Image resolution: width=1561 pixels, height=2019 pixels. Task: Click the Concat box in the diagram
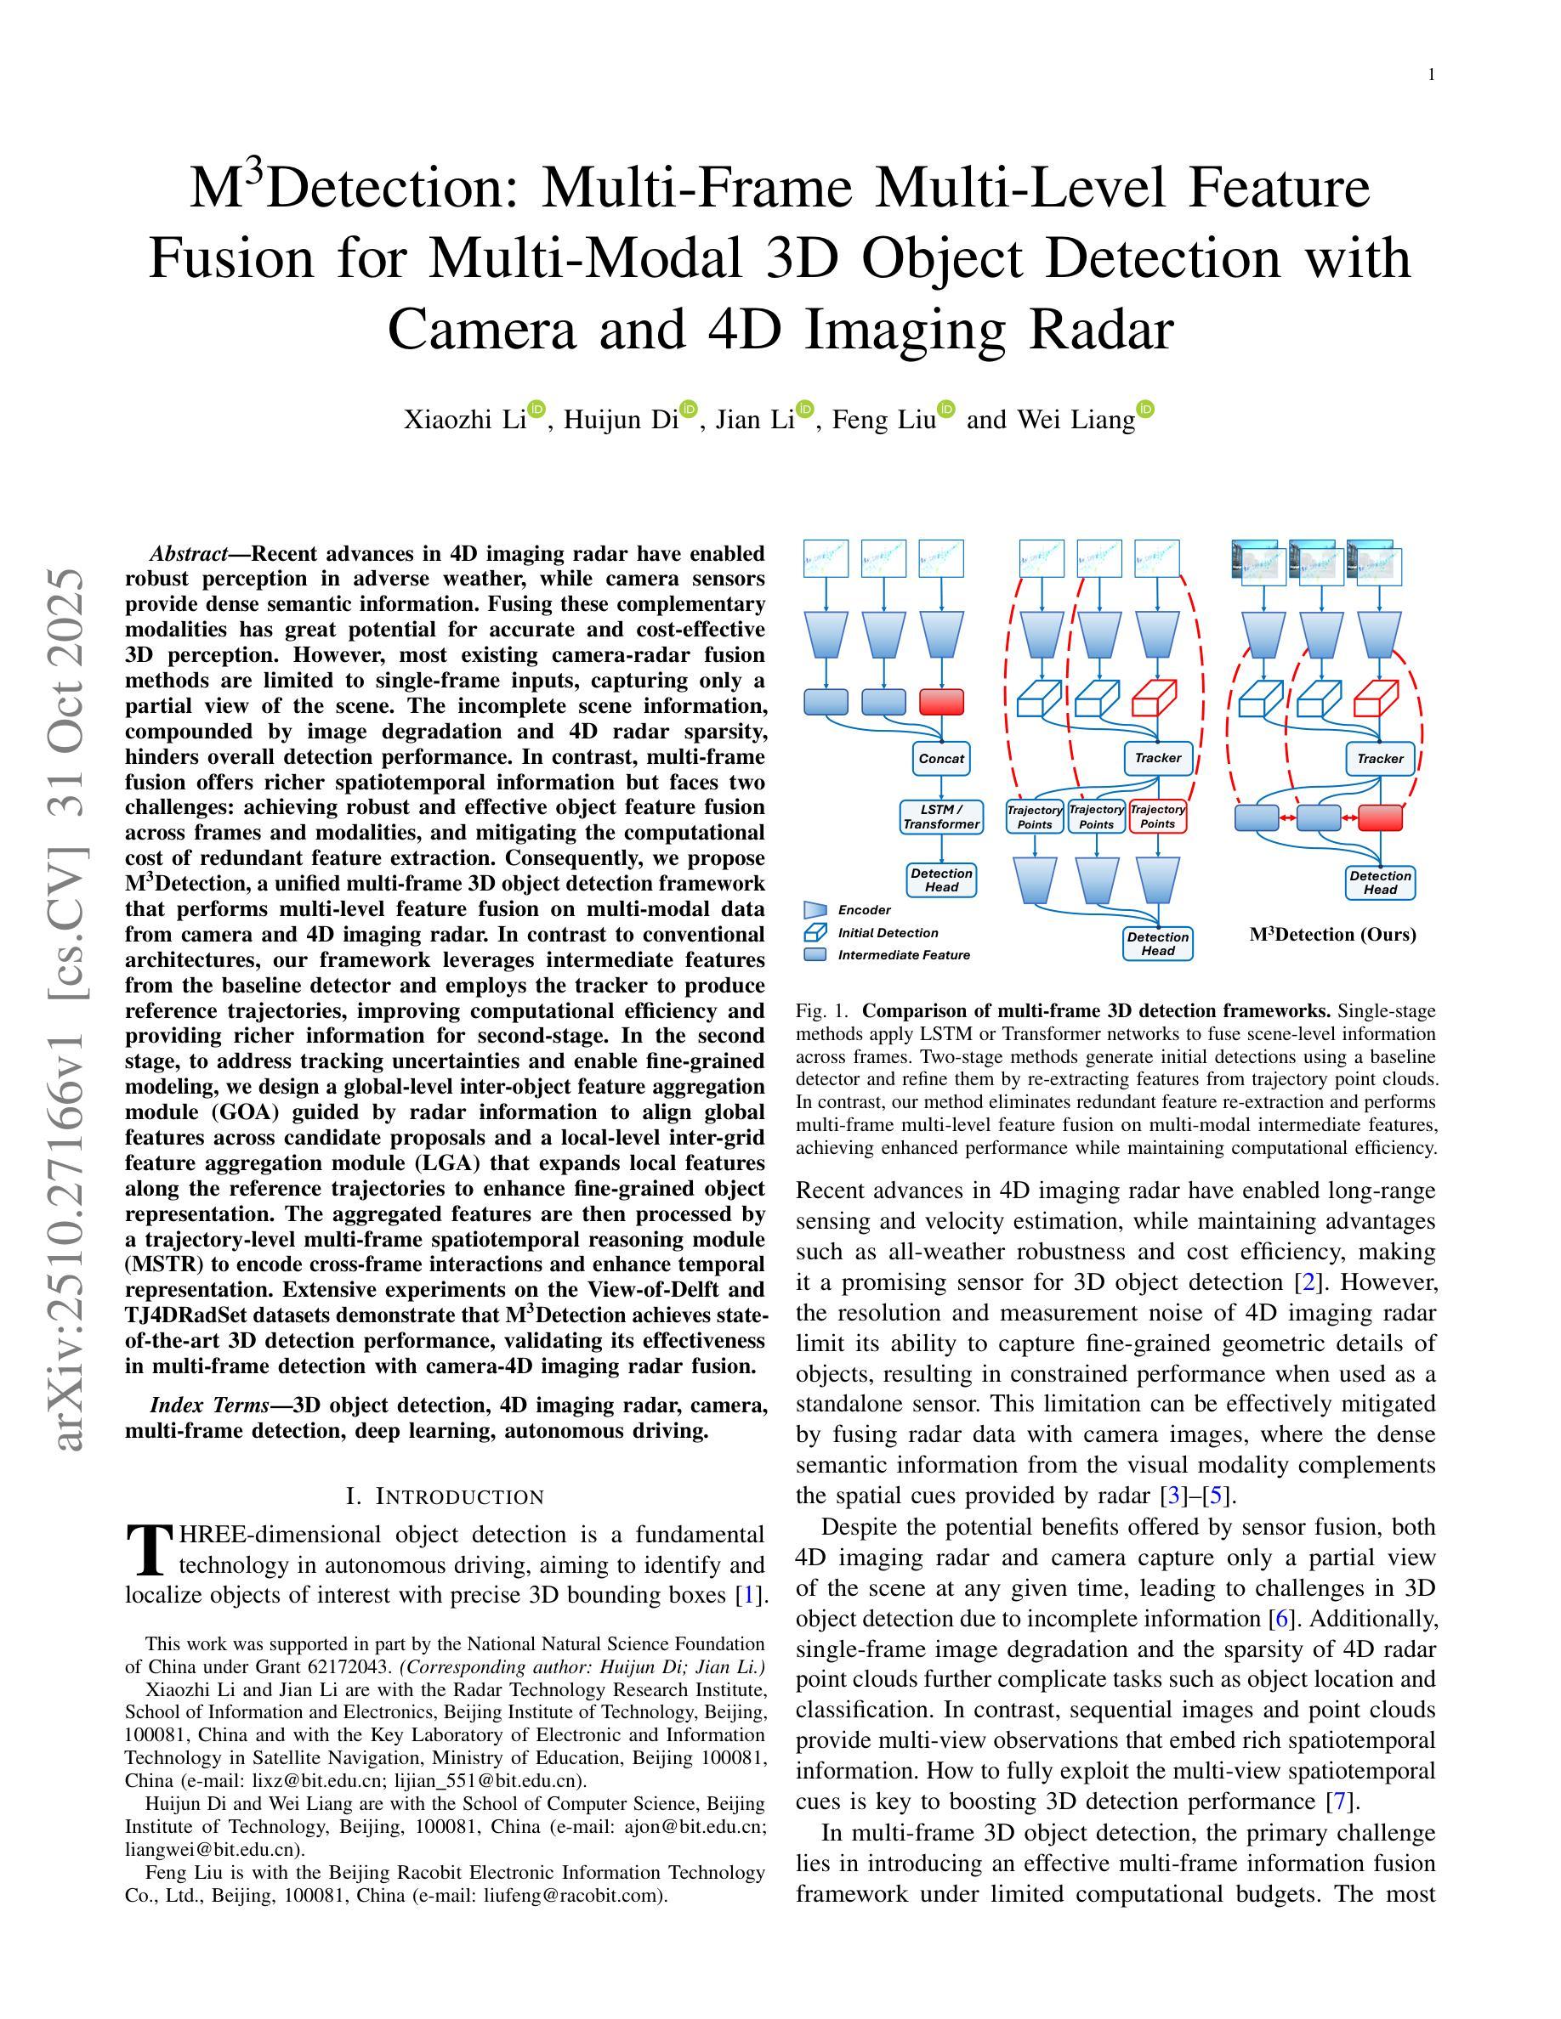(x=940, y=758)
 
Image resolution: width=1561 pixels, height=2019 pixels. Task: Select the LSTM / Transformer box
(x=940, y=817)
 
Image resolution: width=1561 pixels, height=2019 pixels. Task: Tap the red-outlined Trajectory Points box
(x=1157, y=817)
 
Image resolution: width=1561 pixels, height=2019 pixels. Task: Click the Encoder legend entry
(x=864, y=910)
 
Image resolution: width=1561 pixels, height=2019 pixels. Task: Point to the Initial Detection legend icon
(x=815, y=933)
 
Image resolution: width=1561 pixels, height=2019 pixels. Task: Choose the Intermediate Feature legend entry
(x=904, y=955)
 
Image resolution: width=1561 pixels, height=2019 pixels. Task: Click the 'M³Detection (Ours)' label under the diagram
(x=1332, y=935)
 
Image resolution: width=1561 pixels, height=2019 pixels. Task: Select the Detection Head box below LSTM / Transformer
(x=941, y=880)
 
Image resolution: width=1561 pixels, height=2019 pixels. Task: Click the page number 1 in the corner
(x=1432, y=75)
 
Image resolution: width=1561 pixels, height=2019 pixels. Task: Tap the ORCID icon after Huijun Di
(x=688, y=410)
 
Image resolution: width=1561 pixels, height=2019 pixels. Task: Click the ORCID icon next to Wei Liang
(x=1145, y=410)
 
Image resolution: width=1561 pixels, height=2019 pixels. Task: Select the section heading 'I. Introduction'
(x=445, y=1496)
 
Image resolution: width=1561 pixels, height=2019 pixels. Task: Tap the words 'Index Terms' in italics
(x=209, y=1406)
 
